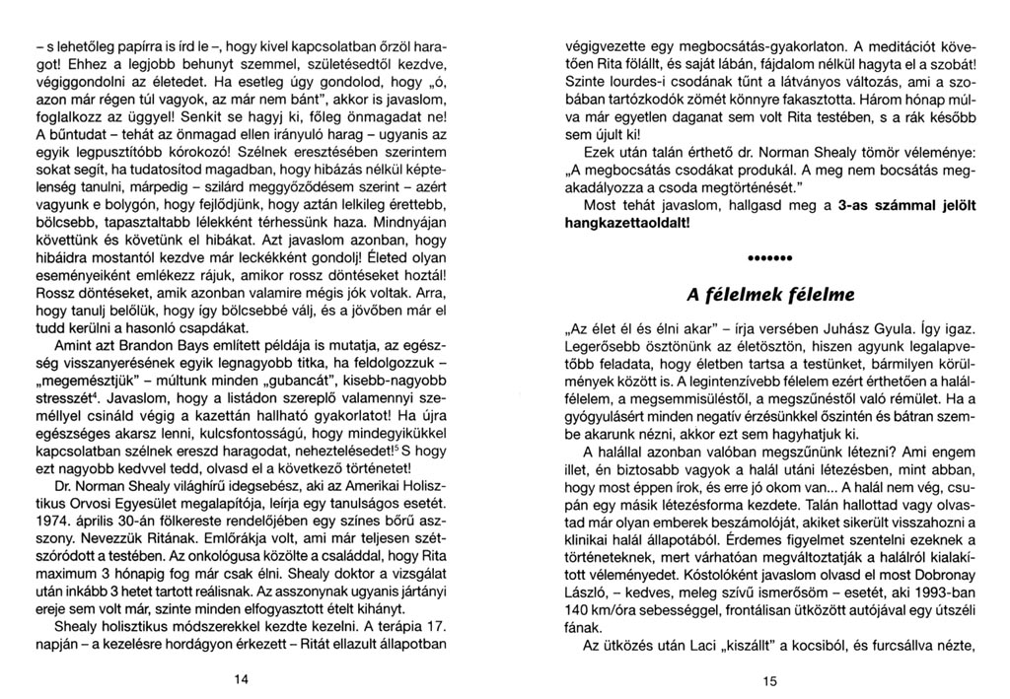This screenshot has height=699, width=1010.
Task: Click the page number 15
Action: point(769,679)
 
